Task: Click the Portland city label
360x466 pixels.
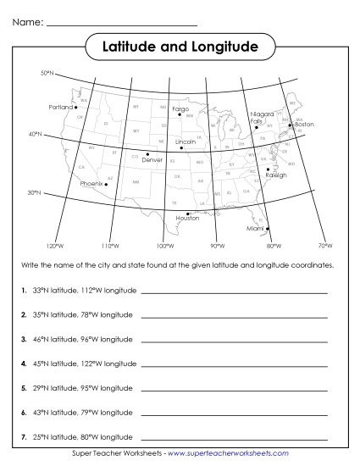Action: click(61, 108)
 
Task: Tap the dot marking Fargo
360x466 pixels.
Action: click(180, 115)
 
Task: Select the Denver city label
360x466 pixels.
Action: click(152, 159)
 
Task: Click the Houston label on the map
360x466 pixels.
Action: click(187, 218)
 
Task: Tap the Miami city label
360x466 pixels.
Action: click(255, 229)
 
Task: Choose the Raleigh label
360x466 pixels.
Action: click(276, 175)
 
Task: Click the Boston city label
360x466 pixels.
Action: click(303, 125)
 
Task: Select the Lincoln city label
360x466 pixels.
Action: click(185, 141)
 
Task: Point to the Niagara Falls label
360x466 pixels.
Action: click(262, 118)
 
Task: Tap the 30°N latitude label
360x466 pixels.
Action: click(35, 192)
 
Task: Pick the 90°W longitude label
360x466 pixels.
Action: click(217, 246)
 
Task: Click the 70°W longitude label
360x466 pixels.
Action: click(325, 246)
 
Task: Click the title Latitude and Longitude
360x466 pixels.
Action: click(180, 47)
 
